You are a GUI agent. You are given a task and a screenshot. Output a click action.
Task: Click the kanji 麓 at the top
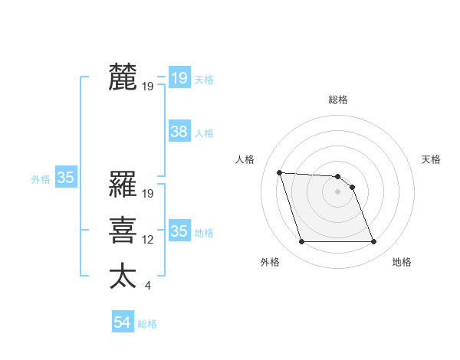point(123,77)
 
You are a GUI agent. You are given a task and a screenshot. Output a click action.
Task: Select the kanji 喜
point(123,231)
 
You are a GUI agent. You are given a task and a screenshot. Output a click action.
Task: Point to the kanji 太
point(123,277)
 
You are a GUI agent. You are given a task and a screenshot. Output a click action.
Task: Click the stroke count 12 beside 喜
point(148,240)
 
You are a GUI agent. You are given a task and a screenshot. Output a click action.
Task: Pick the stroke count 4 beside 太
point(147,286)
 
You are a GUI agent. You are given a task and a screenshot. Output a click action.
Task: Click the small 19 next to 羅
point(148,194)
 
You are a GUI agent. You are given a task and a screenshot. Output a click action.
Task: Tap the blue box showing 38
point(179,132)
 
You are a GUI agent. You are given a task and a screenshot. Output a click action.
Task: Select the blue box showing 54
point(123,322)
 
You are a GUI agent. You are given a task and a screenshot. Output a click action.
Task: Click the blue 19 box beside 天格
point(179,77)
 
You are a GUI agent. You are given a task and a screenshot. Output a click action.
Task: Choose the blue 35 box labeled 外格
point(65,178)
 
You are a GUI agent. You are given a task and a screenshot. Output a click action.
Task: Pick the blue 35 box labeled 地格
point(179,231)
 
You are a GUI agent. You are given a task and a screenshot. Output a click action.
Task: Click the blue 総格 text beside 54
point(147,324)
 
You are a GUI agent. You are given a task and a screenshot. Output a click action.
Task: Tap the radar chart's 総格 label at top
point(338,100)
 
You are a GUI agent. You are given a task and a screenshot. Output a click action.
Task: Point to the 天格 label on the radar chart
point(431,159)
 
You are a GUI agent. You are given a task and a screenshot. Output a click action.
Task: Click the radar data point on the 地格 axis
point(373,242)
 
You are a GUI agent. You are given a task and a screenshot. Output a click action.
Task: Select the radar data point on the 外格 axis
point(301,242)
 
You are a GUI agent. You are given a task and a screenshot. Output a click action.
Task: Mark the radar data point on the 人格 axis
point(279,172)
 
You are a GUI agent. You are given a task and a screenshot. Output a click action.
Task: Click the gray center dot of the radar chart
point(338,192)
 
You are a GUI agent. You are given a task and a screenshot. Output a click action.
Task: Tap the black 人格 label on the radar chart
point(245,159)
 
